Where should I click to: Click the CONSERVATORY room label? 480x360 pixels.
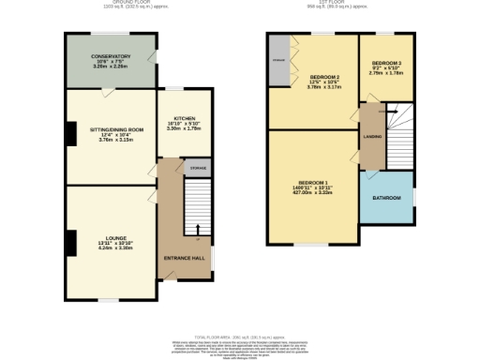click(x=111, y=55)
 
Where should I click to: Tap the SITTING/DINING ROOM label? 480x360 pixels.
click(x=111, y=128)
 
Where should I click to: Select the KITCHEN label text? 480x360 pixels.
click(x=184, y=118)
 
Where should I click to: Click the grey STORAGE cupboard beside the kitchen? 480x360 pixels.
click(x=198, y=168)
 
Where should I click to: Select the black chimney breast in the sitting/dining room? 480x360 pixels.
click(x=69, y=134)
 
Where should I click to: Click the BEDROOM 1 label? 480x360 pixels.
click(x=313, y=182)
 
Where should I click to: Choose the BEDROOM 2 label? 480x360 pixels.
click(x=324, y=76)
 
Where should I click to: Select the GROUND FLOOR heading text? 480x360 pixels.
click(x=122, y=4)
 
